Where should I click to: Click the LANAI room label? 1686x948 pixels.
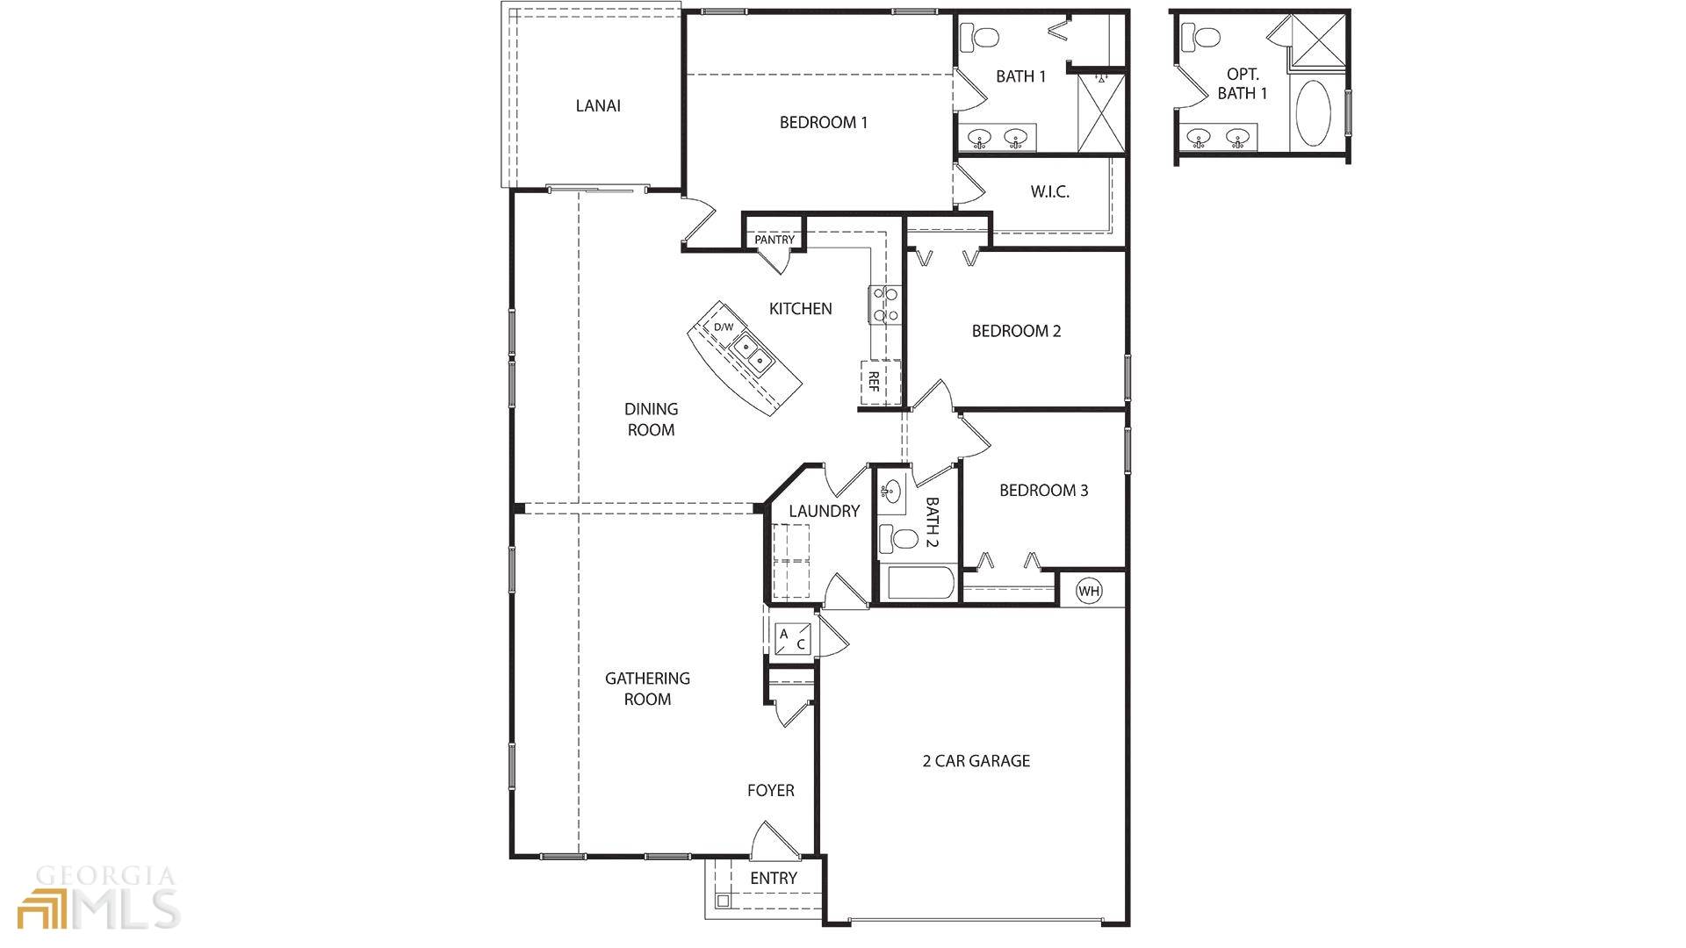click(x=598, y=106)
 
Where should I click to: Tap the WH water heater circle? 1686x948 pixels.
click(x=1089, y=591)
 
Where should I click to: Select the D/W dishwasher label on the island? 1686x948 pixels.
click(x=723, y=327)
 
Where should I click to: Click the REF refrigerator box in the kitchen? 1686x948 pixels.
click(x=875, y=381)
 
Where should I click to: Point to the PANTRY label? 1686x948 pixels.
click(x=774, y=240)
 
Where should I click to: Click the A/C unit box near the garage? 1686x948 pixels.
click(x=792, y=638)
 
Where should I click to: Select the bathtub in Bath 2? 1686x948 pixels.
click(x=920, y=584)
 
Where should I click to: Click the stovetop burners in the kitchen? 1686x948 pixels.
click(x=884, y=305)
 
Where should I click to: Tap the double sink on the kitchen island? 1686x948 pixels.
click(x=753, y=354)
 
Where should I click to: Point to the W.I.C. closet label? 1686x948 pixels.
click(x=1049, y=192)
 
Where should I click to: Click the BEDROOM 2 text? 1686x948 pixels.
click(x=1016, y=331)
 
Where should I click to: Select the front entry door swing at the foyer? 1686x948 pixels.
click(x=773, y=841)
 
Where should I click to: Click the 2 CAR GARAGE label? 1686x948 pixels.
click(x=976, y=761)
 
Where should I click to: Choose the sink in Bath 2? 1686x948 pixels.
click(x=892, y=490)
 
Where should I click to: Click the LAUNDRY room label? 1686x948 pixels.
click(x=824, y=511)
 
